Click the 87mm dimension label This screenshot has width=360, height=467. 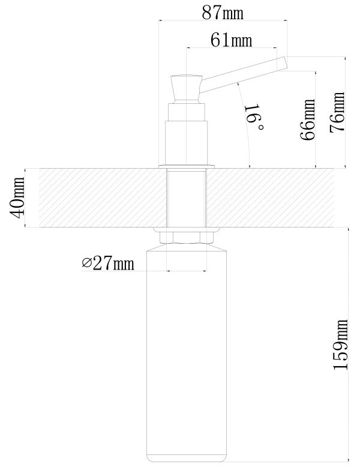(x=223, y=13)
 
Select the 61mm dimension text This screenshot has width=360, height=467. (x=232, y=40)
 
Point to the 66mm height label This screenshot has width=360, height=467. (x=308, y=119)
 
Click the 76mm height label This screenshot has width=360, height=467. (x=337, y=112)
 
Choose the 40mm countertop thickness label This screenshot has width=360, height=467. (x=17, y=197)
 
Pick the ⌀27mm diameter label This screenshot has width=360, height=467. (x=108, y=263)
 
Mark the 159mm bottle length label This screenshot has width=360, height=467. (x=340, y=345)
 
